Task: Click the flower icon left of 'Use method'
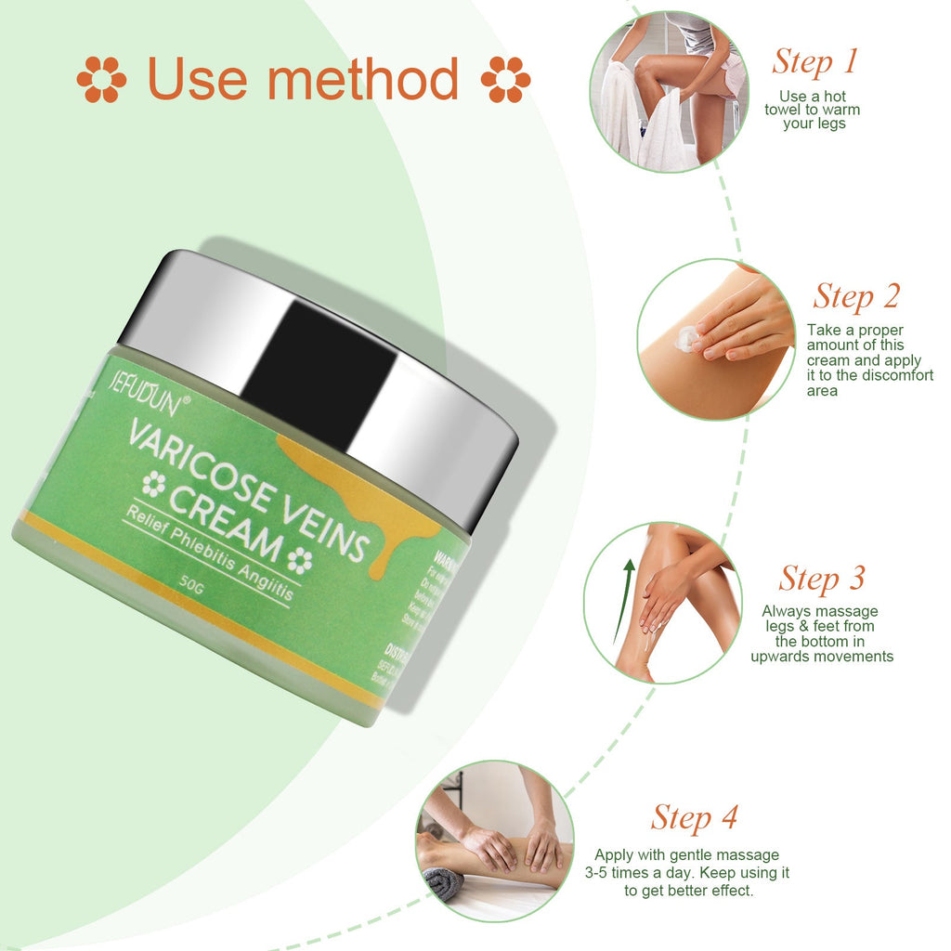coord(101,79)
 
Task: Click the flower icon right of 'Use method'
coord(505,79)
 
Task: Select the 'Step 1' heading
coord(814,61)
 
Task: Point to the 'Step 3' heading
coord(822,578)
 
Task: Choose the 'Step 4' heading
coord(694,817)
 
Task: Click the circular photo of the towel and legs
coord(669,91)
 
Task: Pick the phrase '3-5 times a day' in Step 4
coord(635,873)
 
